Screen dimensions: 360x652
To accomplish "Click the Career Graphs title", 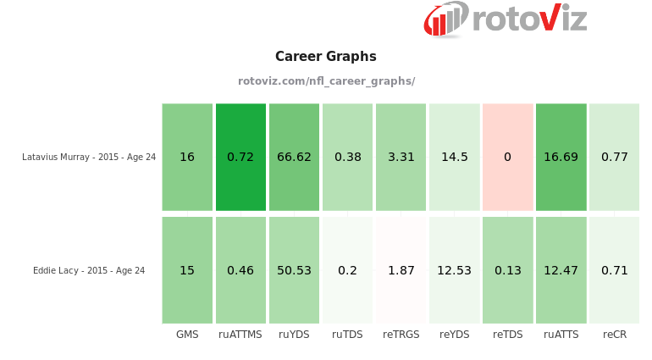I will coord(326,57).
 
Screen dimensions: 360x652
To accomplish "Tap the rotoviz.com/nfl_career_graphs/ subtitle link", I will coord(326,81).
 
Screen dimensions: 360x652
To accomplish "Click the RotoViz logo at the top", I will coord(505,19).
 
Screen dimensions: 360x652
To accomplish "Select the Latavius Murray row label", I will coord(89,157).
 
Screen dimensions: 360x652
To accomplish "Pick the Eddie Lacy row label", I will coord(89,271).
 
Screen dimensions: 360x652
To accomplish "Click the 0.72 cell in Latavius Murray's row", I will coord(240,157).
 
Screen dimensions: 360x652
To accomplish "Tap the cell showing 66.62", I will coord(294,157).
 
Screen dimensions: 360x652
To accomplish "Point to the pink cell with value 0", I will coord(507,157).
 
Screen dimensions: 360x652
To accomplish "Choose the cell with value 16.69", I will coord(561,157).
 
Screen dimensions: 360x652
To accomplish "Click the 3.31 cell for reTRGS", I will coord(401,157).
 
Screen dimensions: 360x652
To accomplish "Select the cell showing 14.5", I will coord(454,157).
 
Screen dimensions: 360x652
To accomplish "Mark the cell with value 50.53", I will coord(294,270).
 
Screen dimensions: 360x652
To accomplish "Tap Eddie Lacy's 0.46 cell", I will coord(240,270).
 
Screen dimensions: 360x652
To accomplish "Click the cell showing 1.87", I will coord(401,270).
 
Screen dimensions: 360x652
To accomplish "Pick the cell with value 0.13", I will coord(507,270).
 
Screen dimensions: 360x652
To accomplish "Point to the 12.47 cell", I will coord(561,270).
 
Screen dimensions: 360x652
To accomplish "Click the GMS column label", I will coord(187,335).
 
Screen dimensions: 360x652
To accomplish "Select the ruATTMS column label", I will coord(240,335).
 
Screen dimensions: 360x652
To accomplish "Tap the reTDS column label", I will coord(507,335).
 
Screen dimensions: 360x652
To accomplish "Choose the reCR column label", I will coord(615,335).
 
